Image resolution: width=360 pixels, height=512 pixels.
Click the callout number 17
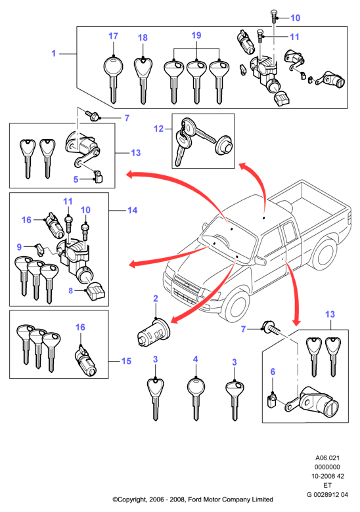click(113, 36)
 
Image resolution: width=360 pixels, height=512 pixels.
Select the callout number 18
click(143, 37)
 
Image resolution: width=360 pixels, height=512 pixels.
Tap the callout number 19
click(196, 35)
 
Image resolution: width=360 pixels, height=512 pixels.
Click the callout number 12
click(158, 129)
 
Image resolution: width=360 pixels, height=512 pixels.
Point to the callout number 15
click(126, 361)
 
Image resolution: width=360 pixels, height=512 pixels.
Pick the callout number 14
click(132, 210)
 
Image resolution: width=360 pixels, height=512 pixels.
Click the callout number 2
click(156, 299)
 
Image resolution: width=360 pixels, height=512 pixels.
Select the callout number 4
click(195, 359)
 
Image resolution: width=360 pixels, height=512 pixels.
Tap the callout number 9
click(19, 247)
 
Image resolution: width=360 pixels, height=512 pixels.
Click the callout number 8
click(70, 290)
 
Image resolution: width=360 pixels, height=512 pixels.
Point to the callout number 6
click(273, 372)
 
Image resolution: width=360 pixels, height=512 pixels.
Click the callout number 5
click(76, 179)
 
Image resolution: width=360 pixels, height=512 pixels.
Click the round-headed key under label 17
click(113, 79)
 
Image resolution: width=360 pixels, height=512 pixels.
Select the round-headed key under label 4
click(196, 398)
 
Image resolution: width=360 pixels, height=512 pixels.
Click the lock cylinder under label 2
click(153, 333)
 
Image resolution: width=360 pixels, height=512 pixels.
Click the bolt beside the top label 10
click(274, 16)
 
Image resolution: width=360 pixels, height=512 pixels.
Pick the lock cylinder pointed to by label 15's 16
click(85, 362)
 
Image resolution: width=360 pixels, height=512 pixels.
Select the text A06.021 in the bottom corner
click(327, 458)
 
